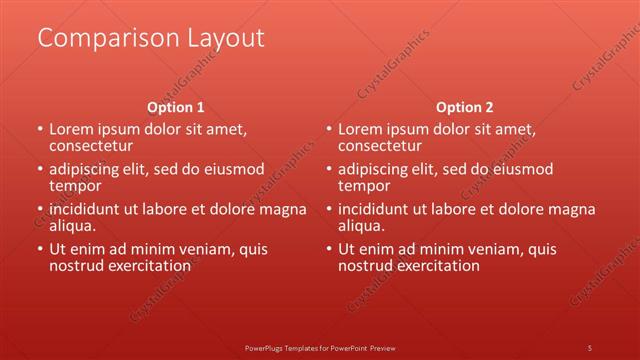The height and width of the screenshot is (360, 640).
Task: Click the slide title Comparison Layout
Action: (151, 38)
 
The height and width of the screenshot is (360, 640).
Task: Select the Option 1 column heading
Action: (176, 107)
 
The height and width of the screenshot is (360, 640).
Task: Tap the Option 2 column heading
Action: (465, 107)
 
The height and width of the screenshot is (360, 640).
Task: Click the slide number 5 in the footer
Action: (590, 348)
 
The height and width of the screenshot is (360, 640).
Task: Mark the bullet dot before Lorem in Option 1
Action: (40, 130)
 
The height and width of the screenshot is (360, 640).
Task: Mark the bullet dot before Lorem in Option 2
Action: (329, 130)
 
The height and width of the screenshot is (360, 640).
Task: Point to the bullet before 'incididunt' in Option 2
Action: (329, 210)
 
